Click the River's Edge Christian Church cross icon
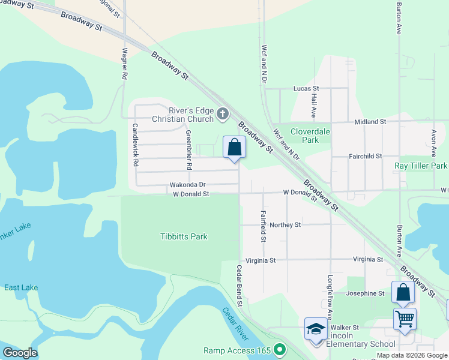pyautogui.click(x=222, y=114)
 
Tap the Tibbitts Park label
pyautogui.click(x=184, y=236)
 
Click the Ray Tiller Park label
pyautogui.click(x=421, y=166)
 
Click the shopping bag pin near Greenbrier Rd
pyautogui.click(x=234, y=147)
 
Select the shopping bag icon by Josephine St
pyautogui.click(x=403, y=292)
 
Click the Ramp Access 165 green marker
pyautogui.click(x=279, y=349)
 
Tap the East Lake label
pyautogui.click(x=21, y=287)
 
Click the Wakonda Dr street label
pyautogui.click(x=188, y=185)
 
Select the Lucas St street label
pyautogui.click(x=306, y=88)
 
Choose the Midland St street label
pyautogui.click(x=370, y=121)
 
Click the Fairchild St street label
pyautogui.click(x=366, y=156)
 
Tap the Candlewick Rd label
pyautogui.click(x=136, y=145)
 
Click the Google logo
pyautogui.click(x=20, y=353)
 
